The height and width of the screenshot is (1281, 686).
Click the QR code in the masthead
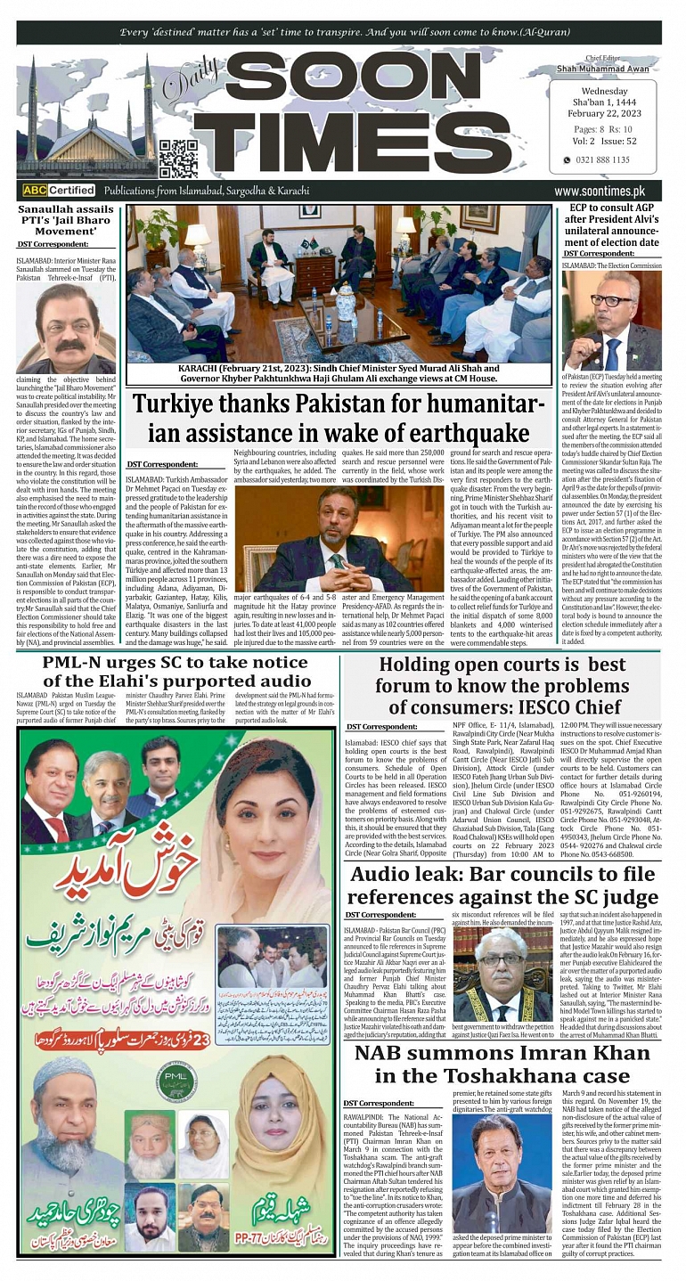tap(178, 159)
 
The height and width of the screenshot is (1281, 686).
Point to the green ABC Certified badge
tap(59, 191)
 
